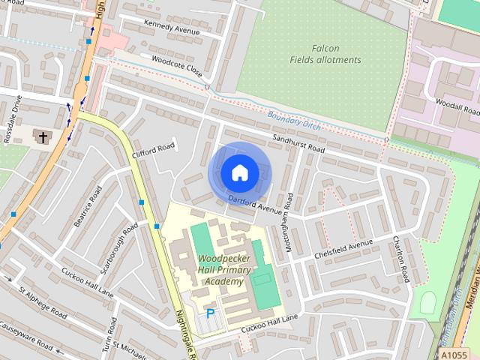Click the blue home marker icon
(239, 172)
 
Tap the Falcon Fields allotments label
(325, 54)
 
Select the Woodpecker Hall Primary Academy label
(220, 270)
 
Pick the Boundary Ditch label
(294, 121)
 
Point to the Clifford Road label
(153, 150)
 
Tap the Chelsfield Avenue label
(344, 247)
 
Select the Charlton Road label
(400, 259)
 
